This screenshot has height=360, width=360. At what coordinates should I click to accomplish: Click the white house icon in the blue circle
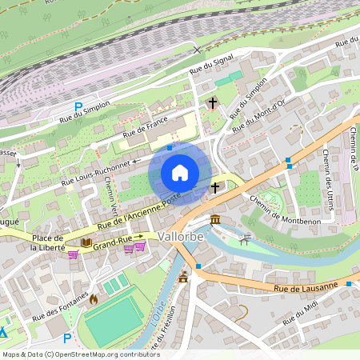point(180,172)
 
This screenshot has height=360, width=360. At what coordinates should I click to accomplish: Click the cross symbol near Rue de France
point(213,103)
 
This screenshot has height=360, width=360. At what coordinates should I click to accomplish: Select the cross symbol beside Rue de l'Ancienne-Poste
point(215,188)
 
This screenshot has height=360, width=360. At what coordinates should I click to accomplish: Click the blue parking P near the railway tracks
point(78,106)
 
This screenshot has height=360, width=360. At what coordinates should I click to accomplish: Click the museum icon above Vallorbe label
point(215,219)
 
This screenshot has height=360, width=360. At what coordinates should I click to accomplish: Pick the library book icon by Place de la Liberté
point(86,242)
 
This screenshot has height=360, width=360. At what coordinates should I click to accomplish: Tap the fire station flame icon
point(94,299)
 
